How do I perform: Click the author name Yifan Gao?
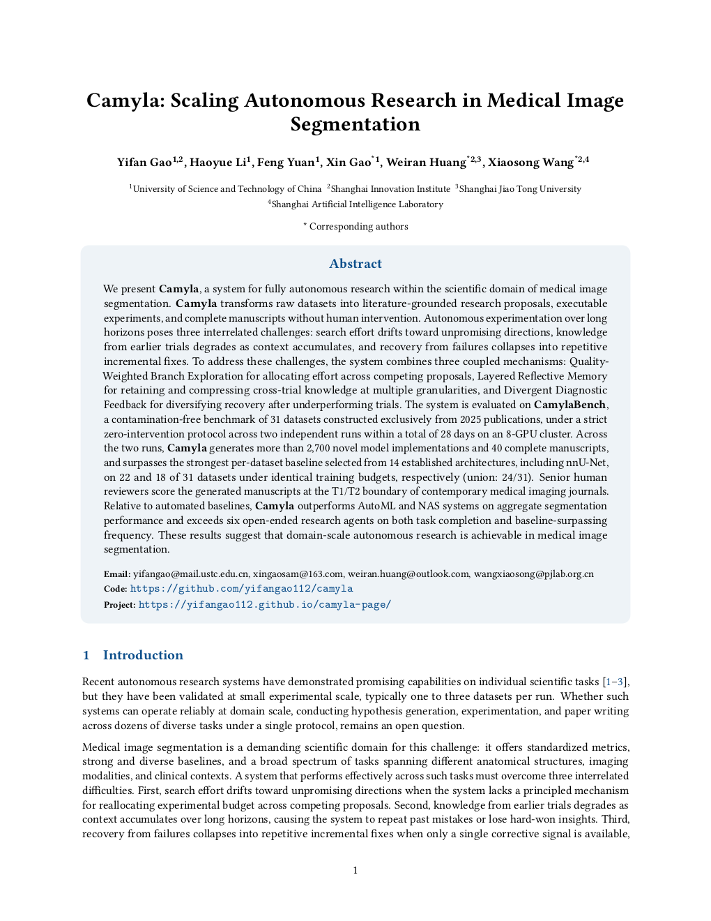pos(144,163)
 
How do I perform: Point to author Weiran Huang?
pos(426,163)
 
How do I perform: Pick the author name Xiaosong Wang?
pos(530,163)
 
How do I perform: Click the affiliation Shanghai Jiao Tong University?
pos(520,189)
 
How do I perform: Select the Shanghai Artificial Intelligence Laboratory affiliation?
pos(357,204)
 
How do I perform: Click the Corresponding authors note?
pos(358,227)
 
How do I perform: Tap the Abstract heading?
pos(355,264)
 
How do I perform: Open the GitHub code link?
pos(241,589)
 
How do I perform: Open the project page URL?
pos(265,605)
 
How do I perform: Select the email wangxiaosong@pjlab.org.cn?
pos(533,574)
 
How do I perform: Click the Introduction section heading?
pos(143,655)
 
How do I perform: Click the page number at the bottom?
pos(355,870)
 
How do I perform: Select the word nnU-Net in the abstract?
pos(588,463)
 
